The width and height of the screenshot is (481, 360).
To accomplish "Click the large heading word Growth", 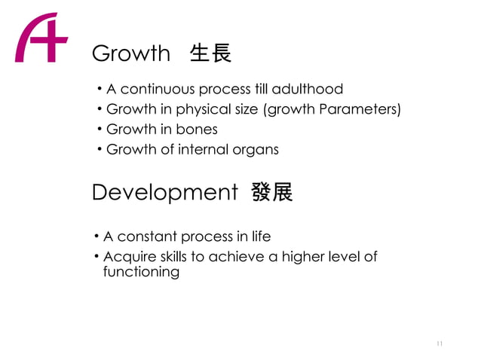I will coord(130,53).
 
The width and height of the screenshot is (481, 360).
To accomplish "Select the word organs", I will coord(256,150).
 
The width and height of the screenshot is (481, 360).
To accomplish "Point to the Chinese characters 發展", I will coord(272,193).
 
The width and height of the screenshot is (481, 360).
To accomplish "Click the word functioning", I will coord(141,272).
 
